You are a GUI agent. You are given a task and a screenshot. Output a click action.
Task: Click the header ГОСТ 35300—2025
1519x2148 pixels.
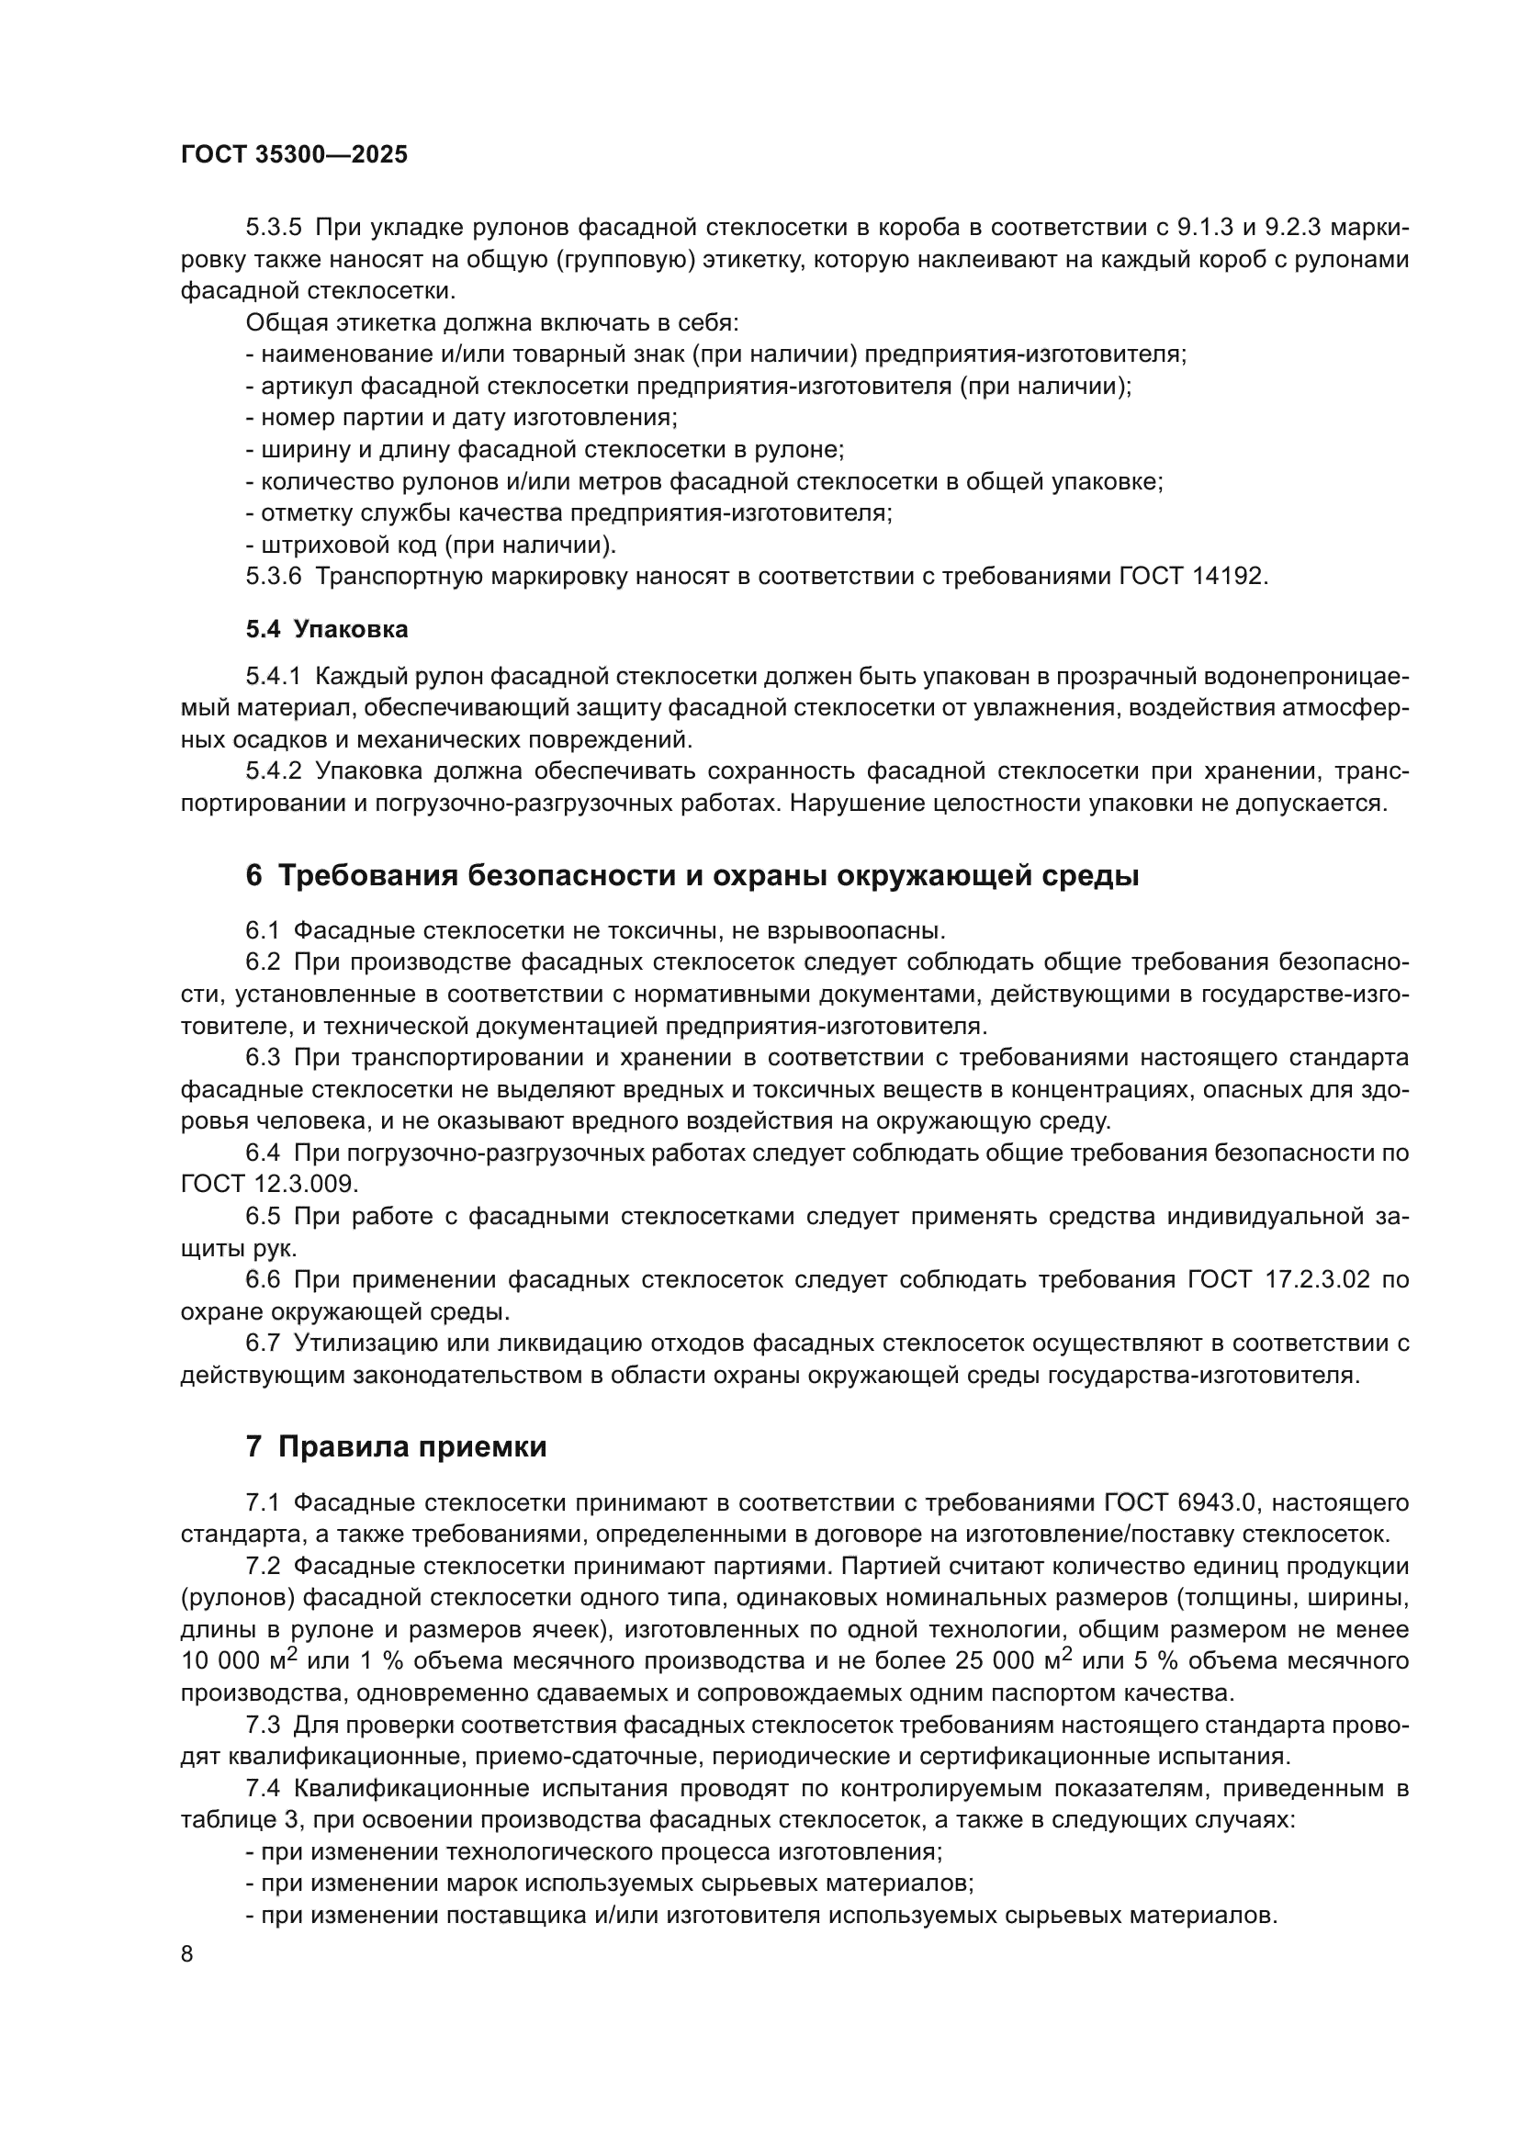[294, 154]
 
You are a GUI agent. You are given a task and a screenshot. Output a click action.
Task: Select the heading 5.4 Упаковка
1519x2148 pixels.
[326, 630]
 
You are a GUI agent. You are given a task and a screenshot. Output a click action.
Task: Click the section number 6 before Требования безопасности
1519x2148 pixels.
[253, 876]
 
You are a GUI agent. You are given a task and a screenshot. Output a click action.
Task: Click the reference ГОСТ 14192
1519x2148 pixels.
[1194, 577]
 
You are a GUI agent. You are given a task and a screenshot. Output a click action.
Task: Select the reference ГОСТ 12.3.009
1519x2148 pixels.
[268, 1185]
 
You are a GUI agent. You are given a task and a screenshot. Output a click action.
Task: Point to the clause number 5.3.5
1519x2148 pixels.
[273, 228]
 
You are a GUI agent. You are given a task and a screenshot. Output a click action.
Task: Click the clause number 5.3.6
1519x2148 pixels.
[273, 577]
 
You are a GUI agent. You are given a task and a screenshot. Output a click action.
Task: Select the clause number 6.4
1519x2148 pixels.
[263, 1153]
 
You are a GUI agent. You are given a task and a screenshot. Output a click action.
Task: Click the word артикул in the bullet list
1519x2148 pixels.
[306, 387]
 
